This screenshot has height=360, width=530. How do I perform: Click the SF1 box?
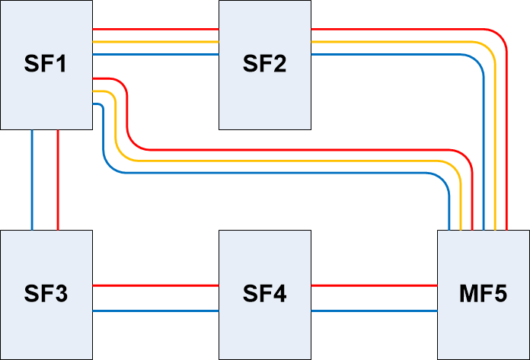[x=46, y=64]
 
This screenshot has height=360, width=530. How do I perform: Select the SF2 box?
[x=264, y=64]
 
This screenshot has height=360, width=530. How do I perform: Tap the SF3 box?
[x=46, y=294]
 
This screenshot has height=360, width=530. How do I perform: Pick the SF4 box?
[x=264, y=294]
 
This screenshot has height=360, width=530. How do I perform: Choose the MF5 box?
[x=483, y=294]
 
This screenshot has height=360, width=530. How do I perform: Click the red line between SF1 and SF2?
[x=155, y=30]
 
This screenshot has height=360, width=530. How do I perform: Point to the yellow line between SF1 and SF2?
[x=155, y=42]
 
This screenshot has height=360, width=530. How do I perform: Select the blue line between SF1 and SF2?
[x=155, y=55]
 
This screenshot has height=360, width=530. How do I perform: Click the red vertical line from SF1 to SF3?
[x=58, y=179]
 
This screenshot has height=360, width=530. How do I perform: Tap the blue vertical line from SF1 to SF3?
[x=32, y=179]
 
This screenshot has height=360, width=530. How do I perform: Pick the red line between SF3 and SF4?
[x=155, y=285]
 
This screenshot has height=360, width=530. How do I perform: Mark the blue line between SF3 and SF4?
[x=155, y=311]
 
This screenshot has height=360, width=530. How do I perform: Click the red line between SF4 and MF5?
[x=374, y=285]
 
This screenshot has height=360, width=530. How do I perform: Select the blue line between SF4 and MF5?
[x=374, y=311]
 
